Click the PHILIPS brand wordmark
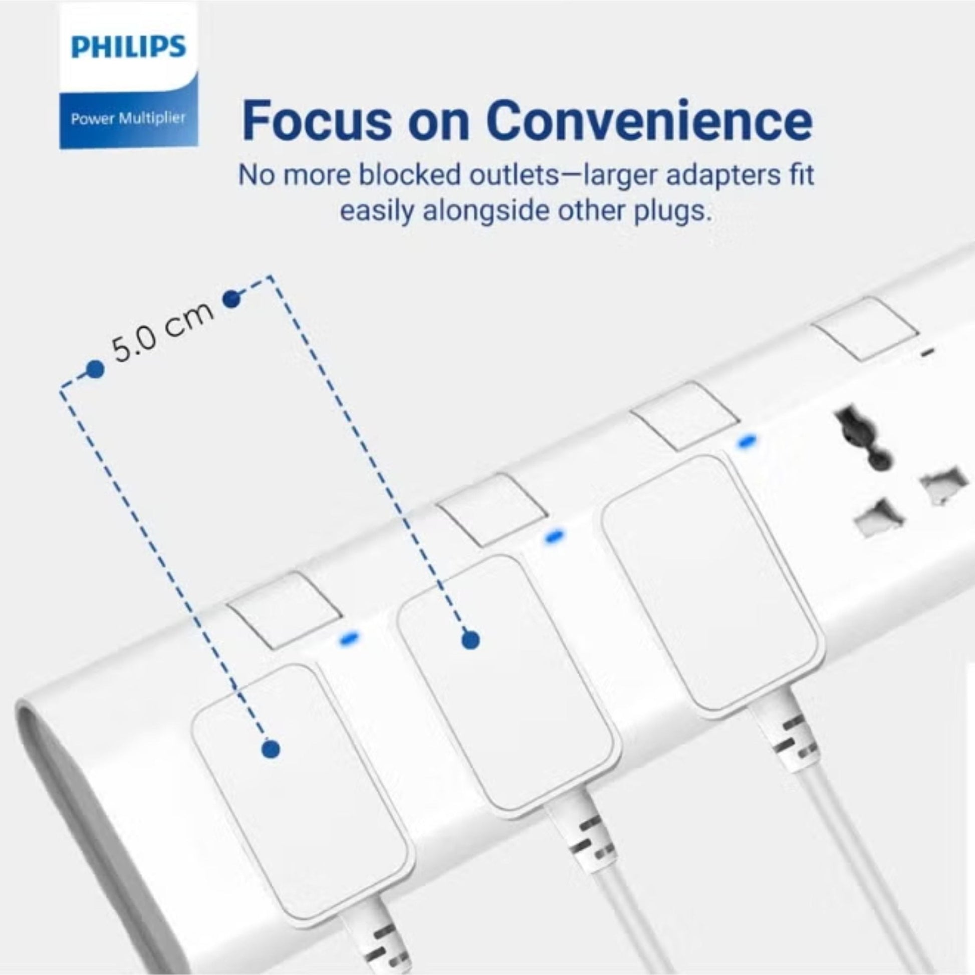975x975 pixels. click(x=129, y=47)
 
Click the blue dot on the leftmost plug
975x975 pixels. click(x=271, y=749)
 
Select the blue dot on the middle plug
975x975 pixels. click(x=470, y=640)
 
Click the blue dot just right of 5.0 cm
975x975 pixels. click(x=231, y=300)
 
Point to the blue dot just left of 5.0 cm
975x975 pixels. click(x=94, y=370)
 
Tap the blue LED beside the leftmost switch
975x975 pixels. click(x=349, y=638)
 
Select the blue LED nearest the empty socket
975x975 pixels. click(x=748, y=441)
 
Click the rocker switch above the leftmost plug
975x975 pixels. click(x=283, y=610)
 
